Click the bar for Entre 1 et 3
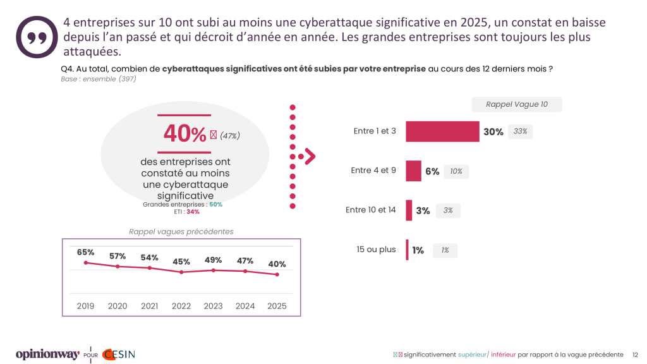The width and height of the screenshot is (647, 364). tap(442, 131)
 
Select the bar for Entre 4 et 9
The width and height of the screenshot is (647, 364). tap(413, 171)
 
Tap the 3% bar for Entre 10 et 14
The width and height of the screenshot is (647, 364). tap(409, 210)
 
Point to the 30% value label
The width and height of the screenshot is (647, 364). tap(493, 132)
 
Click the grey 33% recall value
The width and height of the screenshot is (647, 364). tap(521, 131)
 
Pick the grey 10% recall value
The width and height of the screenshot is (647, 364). tap(456, 171)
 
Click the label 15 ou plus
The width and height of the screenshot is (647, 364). tap(376, 250)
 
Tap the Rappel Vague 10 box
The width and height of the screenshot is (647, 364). tap(517, 104)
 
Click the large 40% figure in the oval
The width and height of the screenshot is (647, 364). tap(185, 133)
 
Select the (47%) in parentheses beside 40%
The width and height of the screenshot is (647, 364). tap(230, 135)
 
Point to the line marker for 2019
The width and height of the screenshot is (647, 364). tap(85, 262)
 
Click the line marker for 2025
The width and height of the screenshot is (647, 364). tap(277, 274)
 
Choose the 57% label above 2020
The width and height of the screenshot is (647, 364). tap(118, 256)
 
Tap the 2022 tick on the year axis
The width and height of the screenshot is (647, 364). tap(181, 306)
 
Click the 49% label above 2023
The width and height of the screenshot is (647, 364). tap(214, 260)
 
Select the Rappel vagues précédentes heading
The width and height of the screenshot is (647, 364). tap(181, 231)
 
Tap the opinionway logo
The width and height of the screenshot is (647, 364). tap(47, 354)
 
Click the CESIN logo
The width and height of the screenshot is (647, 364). tap(119, 354)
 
